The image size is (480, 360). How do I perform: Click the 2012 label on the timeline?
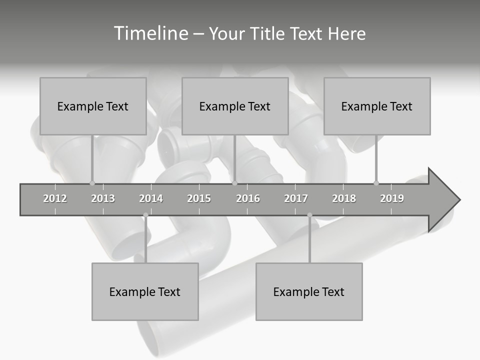(x=55, y=198)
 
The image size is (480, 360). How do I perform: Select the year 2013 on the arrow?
(x=103, y=198)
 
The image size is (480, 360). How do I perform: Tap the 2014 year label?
(x=151, y=198)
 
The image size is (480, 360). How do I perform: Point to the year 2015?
(x=199, y=198)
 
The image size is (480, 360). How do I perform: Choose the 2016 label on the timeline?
(x=248, y=198)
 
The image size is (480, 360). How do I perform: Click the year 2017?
(x=296, y=198)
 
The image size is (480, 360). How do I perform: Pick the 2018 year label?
(x=344, y=198)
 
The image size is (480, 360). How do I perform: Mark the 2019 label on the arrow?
(x=392, y=198)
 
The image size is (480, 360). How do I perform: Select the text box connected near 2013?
(x=93, y=106)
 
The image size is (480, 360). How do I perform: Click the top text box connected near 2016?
(x=235, y=106)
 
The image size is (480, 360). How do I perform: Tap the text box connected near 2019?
(x=377, y=106)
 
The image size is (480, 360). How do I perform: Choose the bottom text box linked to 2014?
(x=145, y=291)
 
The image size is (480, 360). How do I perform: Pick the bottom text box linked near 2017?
(x=309, y=291)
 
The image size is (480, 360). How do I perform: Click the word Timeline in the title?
(x=150, y=33)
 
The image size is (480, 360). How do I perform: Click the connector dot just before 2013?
(x=92, y=183)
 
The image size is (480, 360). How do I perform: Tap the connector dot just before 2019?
(x=376, y=183)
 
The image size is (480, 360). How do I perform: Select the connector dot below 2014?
(x=145, y=215)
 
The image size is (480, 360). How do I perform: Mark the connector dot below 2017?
(x=309, y=215)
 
